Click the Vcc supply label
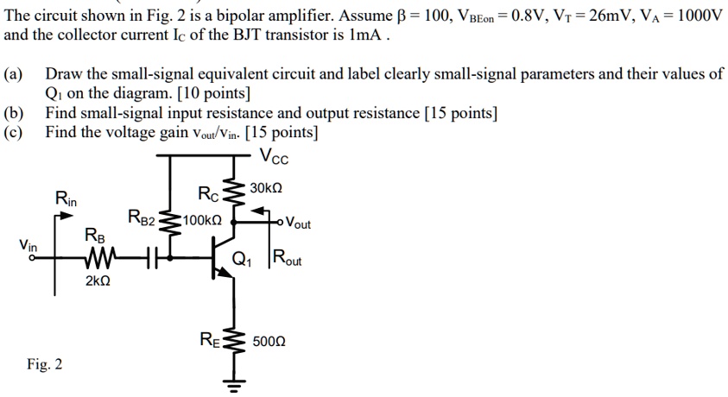275,159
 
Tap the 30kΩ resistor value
266,188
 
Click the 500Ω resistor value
270,342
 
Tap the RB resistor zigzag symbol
98,256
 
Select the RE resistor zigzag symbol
231,341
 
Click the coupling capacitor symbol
149,256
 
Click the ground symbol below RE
231,383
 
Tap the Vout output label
298,224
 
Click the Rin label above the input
66,199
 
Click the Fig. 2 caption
44,364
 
